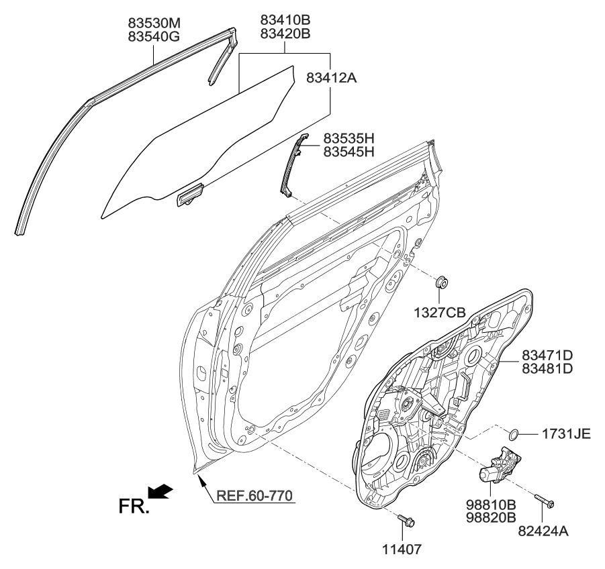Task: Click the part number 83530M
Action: [x=154, y=24]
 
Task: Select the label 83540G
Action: [x=154, y=38]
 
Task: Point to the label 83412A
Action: [x=331, y=79]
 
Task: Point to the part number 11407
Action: [x=403, y=549]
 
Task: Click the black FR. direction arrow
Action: [x=160, y=492]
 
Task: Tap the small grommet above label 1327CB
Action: [x=443, y=282]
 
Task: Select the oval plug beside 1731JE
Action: [x=513, y=433]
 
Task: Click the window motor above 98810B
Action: [x=500, y=466]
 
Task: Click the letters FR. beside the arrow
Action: [x=134, y=507]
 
